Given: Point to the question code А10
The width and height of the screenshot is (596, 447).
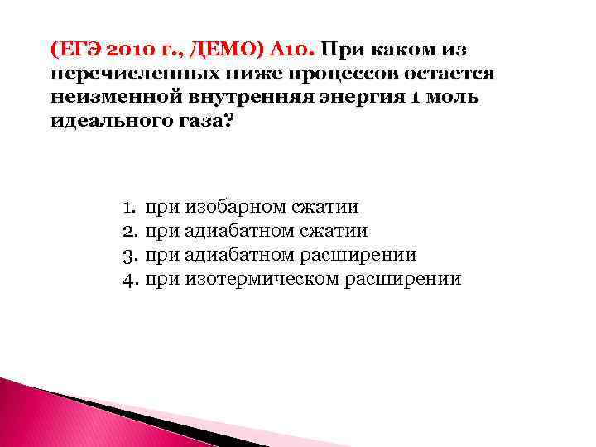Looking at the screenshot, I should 286,48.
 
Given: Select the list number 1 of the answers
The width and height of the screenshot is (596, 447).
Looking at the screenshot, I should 128,206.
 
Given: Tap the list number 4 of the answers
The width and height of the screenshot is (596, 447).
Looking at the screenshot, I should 128,278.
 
